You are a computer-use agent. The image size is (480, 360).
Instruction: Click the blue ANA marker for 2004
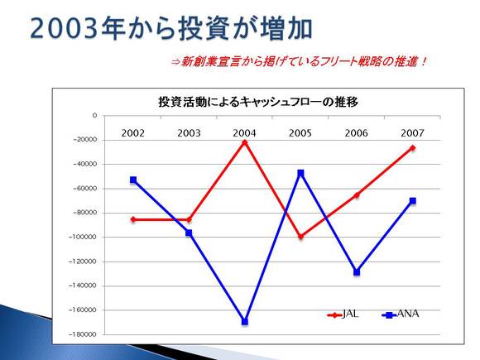point(245,321)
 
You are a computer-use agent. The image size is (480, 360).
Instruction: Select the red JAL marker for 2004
point(245,142)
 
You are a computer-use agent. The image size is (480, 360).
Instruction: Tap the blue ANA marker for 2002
point(133,180)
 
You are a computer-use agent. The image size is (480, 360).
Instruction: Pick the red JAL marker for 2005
point(300,237)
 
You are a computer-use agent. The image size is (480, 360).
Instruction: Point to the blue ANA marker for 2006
point(357,271)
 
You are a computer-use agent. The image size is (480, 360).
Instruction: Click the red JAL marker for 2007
point(413,148)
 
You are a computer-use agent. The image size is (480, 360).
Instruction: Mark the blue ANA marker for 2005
point(300,173)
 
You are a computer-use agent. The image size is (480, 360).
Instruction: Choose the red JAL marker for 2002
point(133,219)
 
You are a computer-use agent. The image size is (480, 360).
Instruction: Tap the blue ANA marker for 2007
point(413,201)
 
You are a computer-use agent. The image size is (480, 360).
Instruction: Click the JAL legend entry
point(343,314)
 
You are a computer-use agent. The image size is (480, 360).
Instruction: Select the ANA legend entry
point(401,314)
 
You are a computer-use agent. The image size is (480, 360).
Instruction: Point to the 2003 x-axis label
point(189,133)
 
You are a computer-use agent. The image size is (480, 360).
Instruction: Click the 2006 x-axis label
point(357,133)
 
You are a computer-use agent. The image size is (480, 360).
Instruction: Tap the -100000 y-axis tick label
point(83,237)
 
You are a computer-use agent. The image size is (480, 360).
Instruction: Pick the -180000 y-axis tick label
point(83,334)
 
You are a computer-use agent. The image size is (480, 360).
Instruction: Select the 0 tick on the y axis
point(94,115)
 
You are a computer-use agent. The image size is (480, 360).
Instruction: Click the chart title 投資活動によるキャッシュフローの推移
point(258,102)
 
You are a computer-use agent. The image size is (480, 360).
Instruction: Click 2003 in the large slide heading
point(65,28)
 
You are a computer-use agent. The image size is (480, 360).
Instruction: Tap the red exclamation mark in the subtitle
point(424,62)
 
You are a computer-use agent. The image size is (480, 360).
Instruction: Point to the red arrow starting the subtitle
point(175,62)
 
